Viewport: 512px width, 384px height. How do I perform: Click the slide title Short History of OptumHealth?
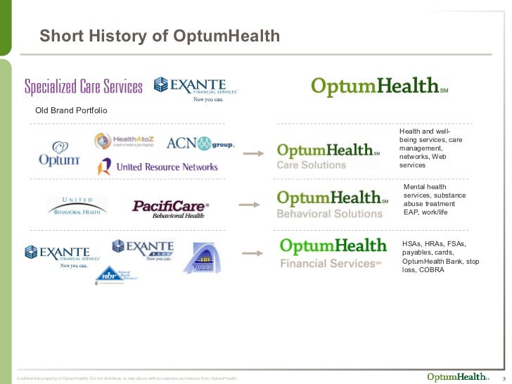click(x=160, y=36)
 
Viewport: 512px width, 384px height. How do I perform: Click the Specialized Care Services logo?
click(x=84, y=87)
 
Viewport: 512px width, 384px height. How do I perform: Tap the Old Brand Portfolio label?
click(x=71, y=111)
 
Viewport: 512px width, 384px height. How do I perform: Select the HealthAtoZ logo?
click(x=124, y=141)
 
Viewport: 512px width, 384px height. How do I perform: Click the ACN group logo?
click(x=200, y=143)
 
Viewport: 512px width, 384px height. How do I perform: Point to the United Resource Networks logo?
click(x=158, y=167)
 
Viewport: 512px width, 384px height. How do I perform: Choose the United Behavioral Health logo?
click(x=77, y=205)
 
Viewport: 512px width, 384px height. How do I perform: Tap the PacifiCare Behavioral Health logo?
click(x=171, y=207)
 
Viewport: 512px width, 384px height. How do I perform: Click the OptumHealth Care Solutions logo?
click(x=328, y=156)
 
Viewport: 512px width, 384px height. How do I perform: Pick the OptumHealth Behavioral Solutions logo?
click(x=332, y=203)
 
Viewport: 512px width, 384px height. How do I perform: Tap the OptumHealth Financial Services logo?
click(x=333, y=253)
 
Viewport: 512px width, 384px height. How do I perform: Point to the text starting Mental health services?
click(x=430, y=199)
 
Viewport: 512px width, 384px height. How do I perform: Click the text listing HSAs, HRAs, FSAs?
click(x=441, y=257)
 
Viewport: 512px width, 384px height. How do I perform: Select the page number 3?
click(x=504, y=377)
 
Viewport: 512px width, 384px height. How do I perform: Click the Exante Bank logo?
click(x=143, y=249)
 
